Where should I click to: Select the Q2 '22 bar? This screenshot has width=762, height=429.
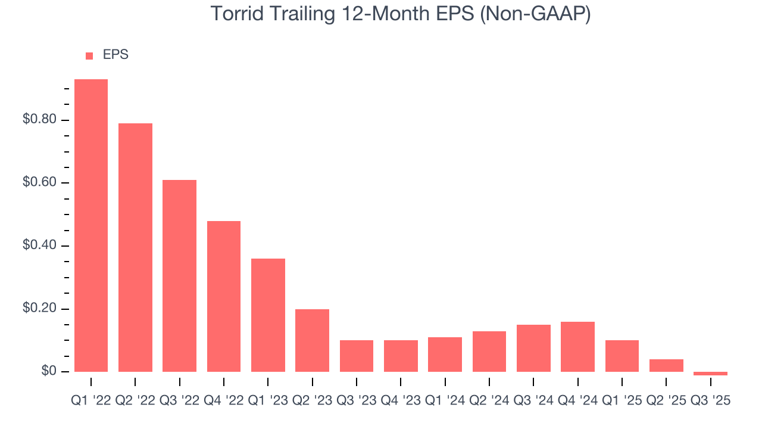pyautogui.click(x=135, y=247)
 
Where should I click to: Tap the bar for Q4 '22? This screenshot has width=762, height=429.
pyautogui.click(x=224, y=296)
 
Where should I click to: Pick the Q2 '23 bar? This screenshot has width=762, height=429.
pyautogui.click(x=312, y=340)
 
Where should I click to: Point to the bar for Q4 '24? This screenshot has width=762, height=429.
pyautogui.click(x=577, y=346)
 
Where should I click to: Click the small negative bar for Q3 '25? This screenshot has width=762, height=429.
pyautogui.click(x=710, y=374)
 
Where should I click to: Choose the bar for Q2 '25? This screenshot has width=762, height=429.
pyautogui.click(x=666, y=365)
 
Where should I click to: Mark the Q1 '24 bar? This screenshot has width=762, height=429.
pyautogui.click(x=445, y=355)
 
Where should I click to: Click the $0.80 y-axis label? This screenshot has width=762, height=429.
pyautogui.click(x=39, y=120)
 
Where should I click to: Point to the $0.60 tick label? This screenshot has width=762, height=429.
pyautogui.click(x=39, y=183)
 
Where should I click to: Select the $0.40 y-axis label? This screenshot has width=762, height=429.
pyautogui.click(x=39, y=245)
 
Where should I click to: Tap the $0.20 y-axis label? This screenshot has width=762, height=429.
pyautogui.click(x=39, y=309)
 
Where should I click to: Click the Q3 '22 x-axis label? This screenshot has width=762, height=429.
pyautogui.click(x=180, y=401)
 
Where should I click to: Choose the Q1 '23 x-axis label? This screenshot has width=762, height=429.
pyautogui.click(x=268, y=401)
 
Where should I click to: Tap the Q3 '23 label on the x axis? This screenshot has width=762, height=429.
pyautogui.click(x=357, y=401)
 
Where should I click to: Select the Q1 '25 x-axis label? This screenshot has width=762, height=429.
pyautogui.click(x=622, y=401)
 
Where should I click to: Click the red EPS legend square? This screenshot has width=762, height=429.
pyautogui.click(x=89, y=55)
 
